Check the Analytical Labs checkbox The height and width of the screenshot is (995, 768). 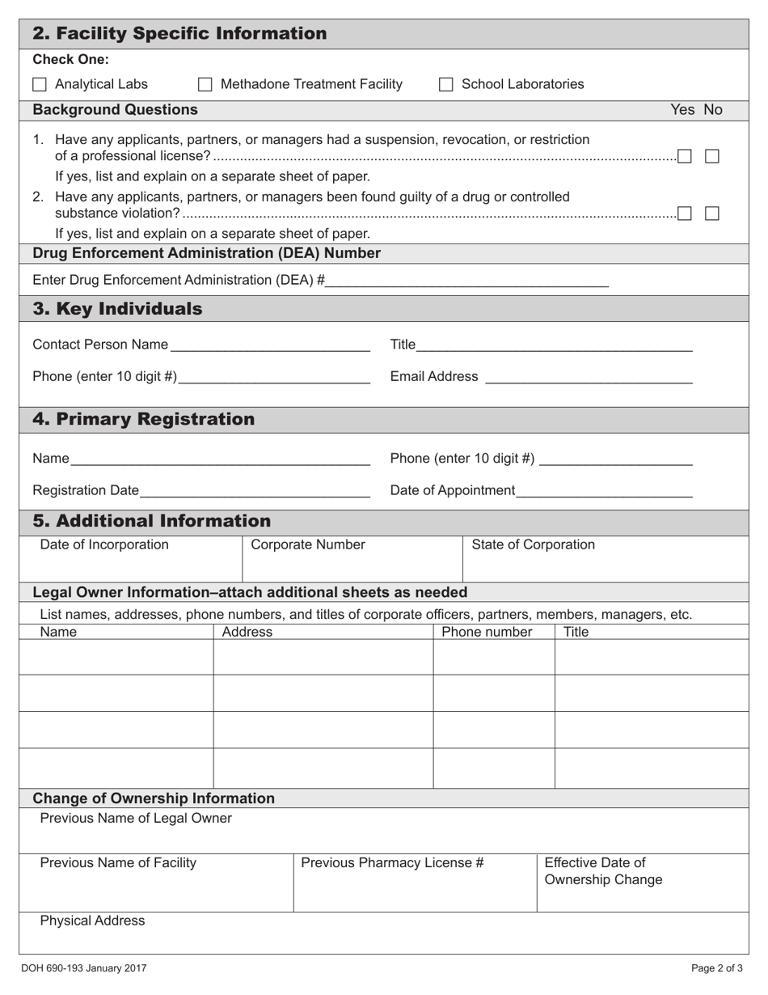[40, 84]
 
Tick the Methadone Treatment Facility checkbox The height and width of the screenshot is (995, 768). [205, 84]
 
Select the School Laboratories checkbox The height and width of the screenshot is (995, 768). [446, 84]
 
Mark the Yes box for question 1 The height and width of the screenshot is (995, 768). [685, 156]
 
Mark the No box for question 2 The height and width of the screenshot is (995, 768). [712, 214]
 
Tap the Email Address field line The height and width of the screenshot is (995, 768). [589, 378]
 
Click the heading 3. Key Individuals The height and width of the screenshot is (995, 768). [118, 309]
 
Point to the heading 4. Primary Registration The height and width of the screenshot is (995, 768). [143, 419]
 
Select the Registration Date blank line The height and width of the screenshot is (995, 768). [255, 491]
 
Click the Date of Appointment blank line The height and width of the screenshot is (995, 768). [604, 491]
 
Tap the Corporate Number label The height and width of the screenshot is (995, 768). [308, 544]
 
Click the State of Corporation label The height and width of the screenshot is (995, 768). [533, 544]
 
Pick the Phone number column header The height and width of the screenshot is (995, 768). [487, 632]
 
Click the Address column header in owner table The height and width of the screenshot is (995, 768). [247, 632]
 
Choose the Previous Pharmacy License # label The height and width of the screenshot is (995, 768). [392, 863]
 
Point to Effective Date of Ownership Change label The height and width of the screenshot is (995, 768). [603, 871]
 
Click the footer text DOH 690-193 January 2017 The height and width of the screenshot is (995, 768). [84, 967]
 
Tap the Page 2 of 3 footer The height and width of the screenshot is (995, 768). [717, 967]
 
